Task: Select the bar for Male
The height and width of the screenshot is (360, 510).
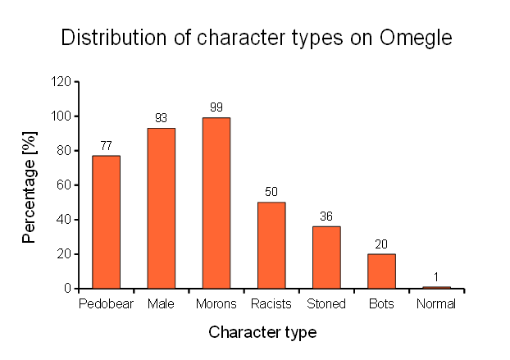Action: pos(161,208)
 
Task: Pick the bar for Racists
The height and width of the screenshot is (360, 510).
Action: pos(271,245)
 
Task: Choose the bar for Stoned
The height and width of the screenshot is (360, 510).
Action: pos(326,257)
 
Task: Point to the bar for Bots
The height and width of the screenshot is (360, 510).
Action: pos(381,271)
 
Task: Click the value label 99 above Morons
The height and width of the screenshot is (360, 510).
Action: pos(216,107)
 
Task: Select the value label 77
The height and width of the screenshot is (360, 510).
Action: pos(106,146)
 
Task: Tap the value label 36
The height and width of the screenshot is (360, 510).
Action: pos(326,216)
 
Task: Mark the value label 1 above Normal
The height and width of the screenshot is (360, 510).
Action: pos(437,277)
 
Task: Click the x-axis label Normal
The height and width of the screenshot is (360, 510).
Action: pos(435,304)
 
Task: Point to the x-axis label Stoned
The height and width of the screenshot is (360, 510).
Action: pos(326,304)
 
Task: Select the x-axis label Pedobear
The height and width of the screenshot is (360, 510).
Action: pos(106,304)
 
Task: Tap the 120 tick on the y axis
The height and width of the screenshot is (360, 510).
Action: pos(60,82)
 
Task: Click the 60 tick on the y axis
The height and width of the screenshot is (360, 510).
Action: pos(63,185)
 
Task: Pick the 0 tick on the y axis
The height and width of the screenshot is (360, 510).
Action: pos(66,289)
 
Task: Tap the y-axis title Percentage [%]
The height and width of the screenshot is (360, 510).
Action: pos(30,186)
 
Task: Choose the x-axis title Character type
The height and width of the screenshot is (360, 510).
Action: pos(262,332)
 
